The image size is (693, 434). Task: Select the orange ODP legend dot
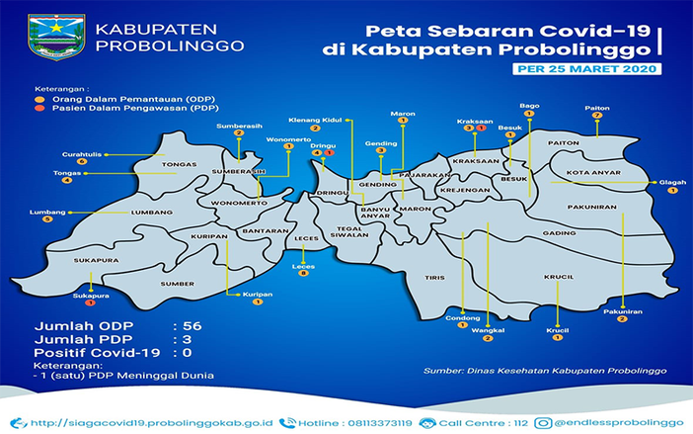pyautogui.click(x=39, y=99)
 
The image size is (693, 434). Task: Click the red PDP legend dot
pyautogui.click(x=39, y=110)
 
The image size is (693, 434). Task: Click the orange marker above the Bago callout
pyautogui.click(x=529, y=114)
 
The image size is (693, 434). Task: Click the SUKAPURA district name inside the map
pyautogui.click(x=96, y=261)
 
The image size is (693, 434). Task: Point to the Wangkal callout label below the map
pyautogui.click(x=488, y=330)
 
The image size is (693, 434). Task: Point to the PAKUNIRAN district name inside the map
pyautogui.click(x=593, y=208)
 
